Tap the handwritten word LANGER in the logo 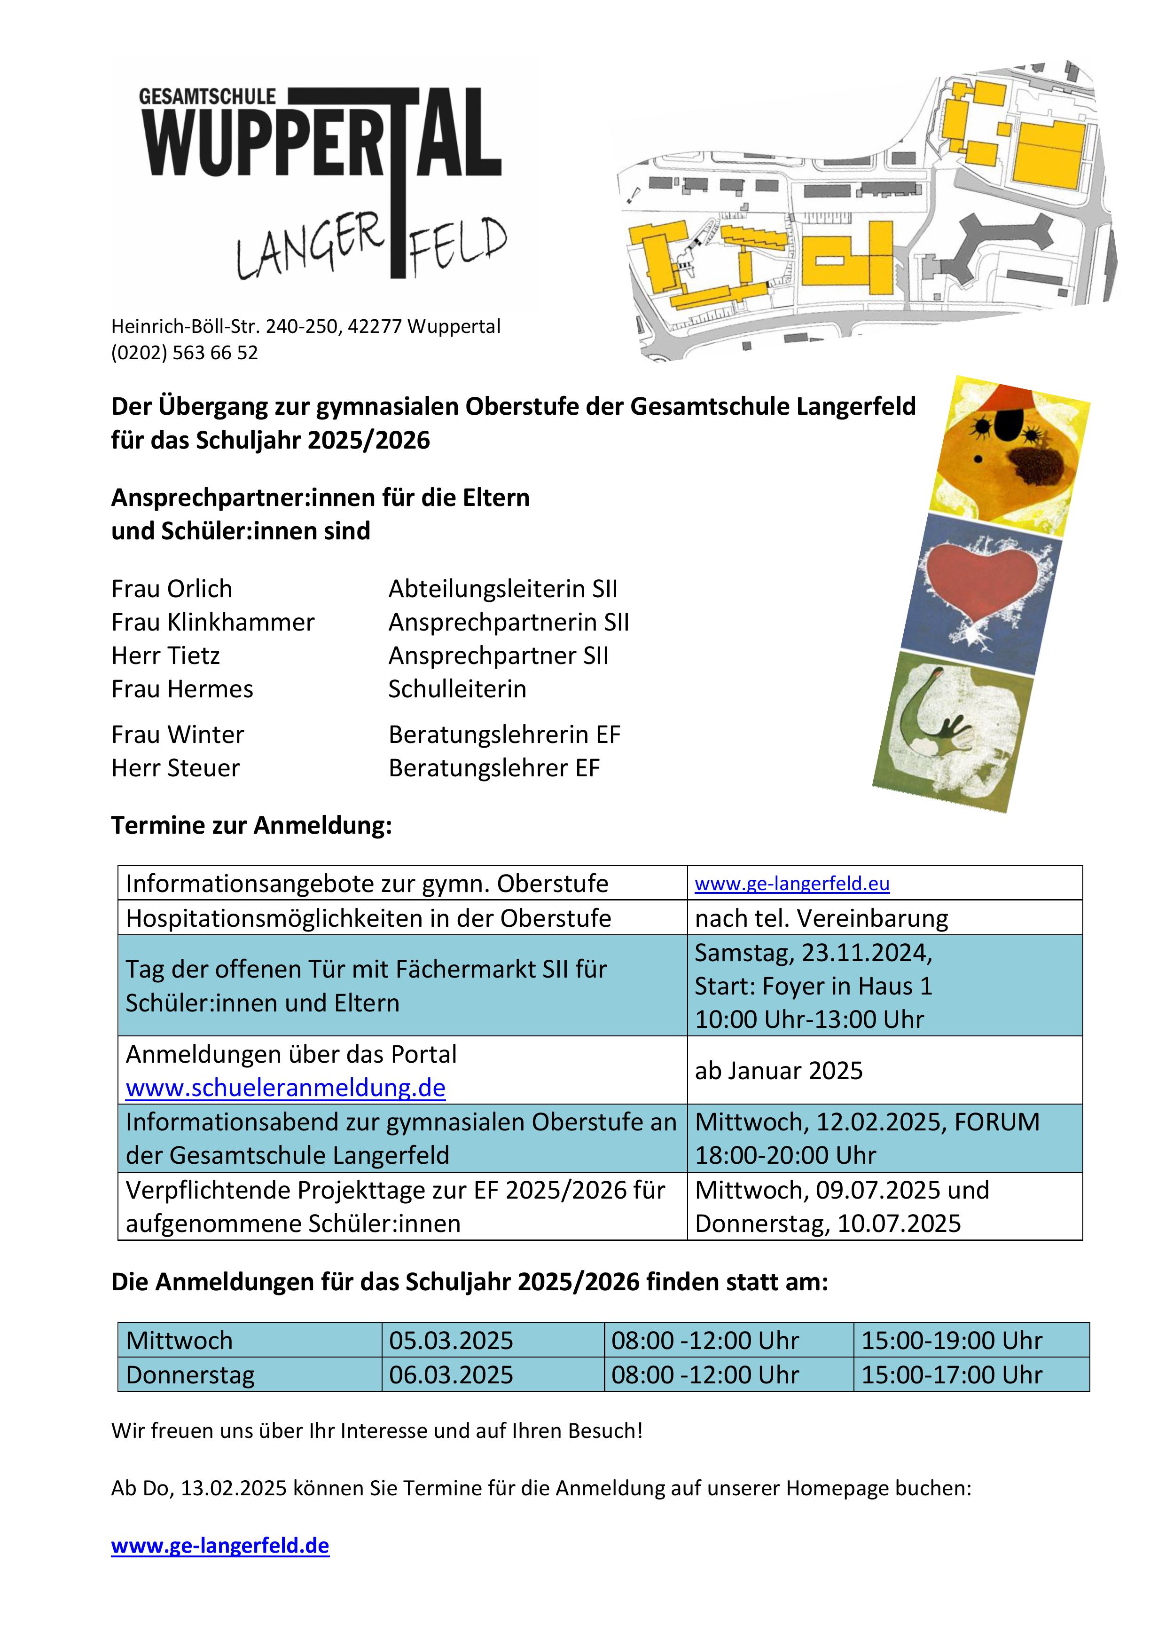click(x=310, y=248)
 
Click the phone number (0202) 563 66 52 click(x=185, y=353)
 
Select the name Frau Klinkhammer click(x=212, y=623)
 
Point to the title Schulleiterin click(x=457, y=689)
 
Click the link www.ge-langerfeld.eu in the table click(x=792, y=884)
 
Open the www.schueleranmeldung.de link click(x=285, y=1088)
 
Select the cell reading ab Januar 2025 click(x=779, y=1071)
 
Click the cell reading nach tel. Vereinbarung click(x=821, y=918)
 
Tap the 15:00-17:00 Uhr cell click(x=952, y=1375)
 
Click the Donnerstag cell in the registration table click(x=190, y=1375)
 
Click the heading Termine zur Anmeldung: click(x=251, y=826)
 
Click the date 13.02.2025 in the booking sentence click(x=234, y=1488)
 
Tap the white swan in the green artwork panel click(x=934, y=733)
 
